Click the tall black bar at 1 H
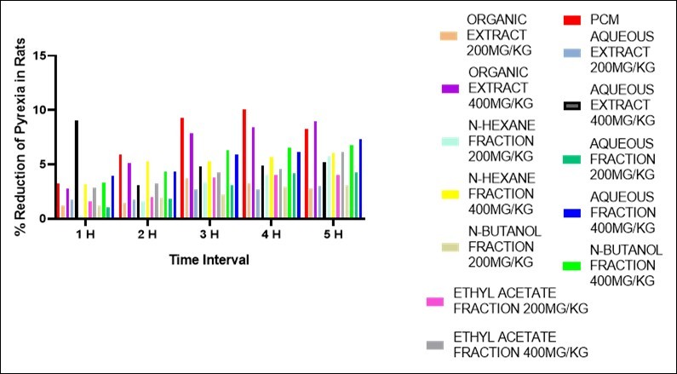[x=77, y=170]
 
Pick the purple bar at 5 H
[x=315, y=170]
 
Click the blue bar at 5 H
[x=360, y=179]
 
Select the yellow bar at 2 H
[x=147, y=190]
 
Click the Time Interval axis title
[x=209, y=260]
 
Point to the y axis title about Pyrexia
[x=15, y=136]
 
